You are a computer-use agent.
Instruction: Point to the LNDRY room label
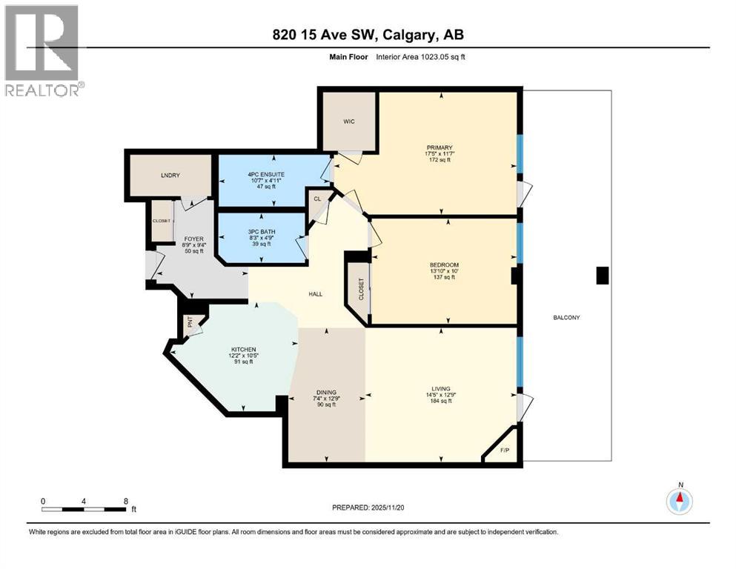click(x=170, y=175)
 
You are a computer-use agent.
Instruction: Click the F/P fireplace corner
click(x=505, y=450)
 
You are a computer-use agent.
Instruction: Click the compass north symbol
click(x=680, y=502)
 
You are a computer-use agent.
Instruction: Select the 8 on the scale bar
click(x=125, y=501)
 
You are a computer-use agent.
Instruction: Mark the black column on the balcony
click(x=603, y=276)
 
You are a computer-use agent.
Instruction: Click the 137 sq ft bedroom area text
click(x=444, y=278)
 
